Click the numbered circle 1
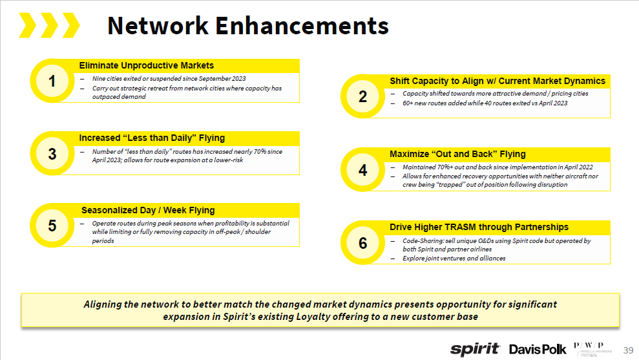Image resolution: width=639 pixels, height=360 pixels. point(52,81)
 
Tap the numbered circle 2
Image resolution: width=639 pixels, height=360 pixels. point(362,96)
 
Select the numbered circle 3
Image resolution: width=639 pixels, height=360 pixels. point(52,153)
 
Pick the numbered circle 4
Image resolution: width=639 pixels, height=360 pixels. point(362,169)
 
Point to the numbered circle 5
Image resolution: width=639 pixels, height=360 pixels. point(52,225)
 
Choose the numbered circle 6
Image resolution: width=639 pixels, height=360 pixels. point(362,242)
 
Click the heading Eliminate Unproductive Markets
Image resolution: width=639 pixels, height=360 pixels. point(146,65)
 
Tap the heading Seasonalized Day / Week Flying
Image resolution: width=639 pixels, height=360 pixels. point(148,210)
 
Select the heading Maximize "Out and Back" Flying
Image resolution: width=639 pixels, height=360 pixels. point(457,154)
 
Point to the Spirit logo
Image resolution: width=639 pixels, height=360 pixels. point(475,349)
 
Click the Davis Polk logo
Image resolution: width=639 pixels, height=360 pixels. point(538,349)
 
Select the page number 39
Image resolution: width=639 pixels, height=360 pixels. point(627,350)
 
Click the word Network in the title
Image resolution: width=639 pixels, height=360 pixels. point(158,25)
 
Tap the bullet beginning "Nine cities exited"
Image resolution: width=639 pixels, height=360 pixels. point(169,79)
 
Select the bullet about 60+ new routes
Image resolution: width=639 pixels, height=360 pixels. point(485,103)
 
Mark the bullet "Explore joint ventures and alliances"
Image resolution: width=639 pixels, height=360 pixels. point(454,258)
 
